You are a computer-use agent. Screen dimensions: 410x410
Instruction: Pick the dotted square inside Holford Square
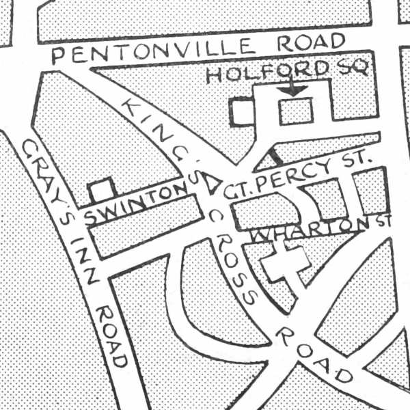296,111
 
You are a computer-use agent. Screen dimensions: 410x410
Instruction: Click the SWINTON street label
134,205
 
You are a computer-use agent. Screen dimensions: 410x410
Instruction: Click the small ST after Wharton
382,221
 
